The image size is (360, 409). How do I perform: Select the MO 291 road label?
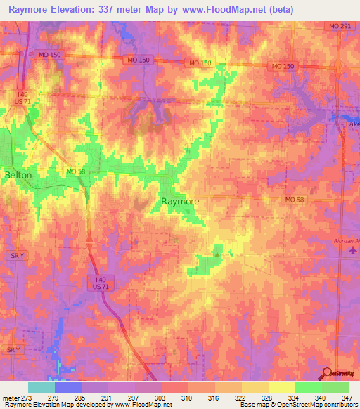(x=339, y=26)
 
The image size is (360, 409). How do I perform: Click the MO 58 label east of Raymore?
(x=296, y=200)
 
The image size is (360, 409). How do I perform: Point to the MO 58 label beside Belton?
(x=75, y=171)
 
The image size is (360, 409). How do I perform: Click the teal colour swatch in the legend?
(x=41, y=387)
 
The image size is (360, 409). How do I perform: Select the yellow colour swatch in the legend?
(x=281, y=387)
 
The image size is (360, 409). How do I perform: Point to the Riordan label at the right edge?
(x=345, y=240)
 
